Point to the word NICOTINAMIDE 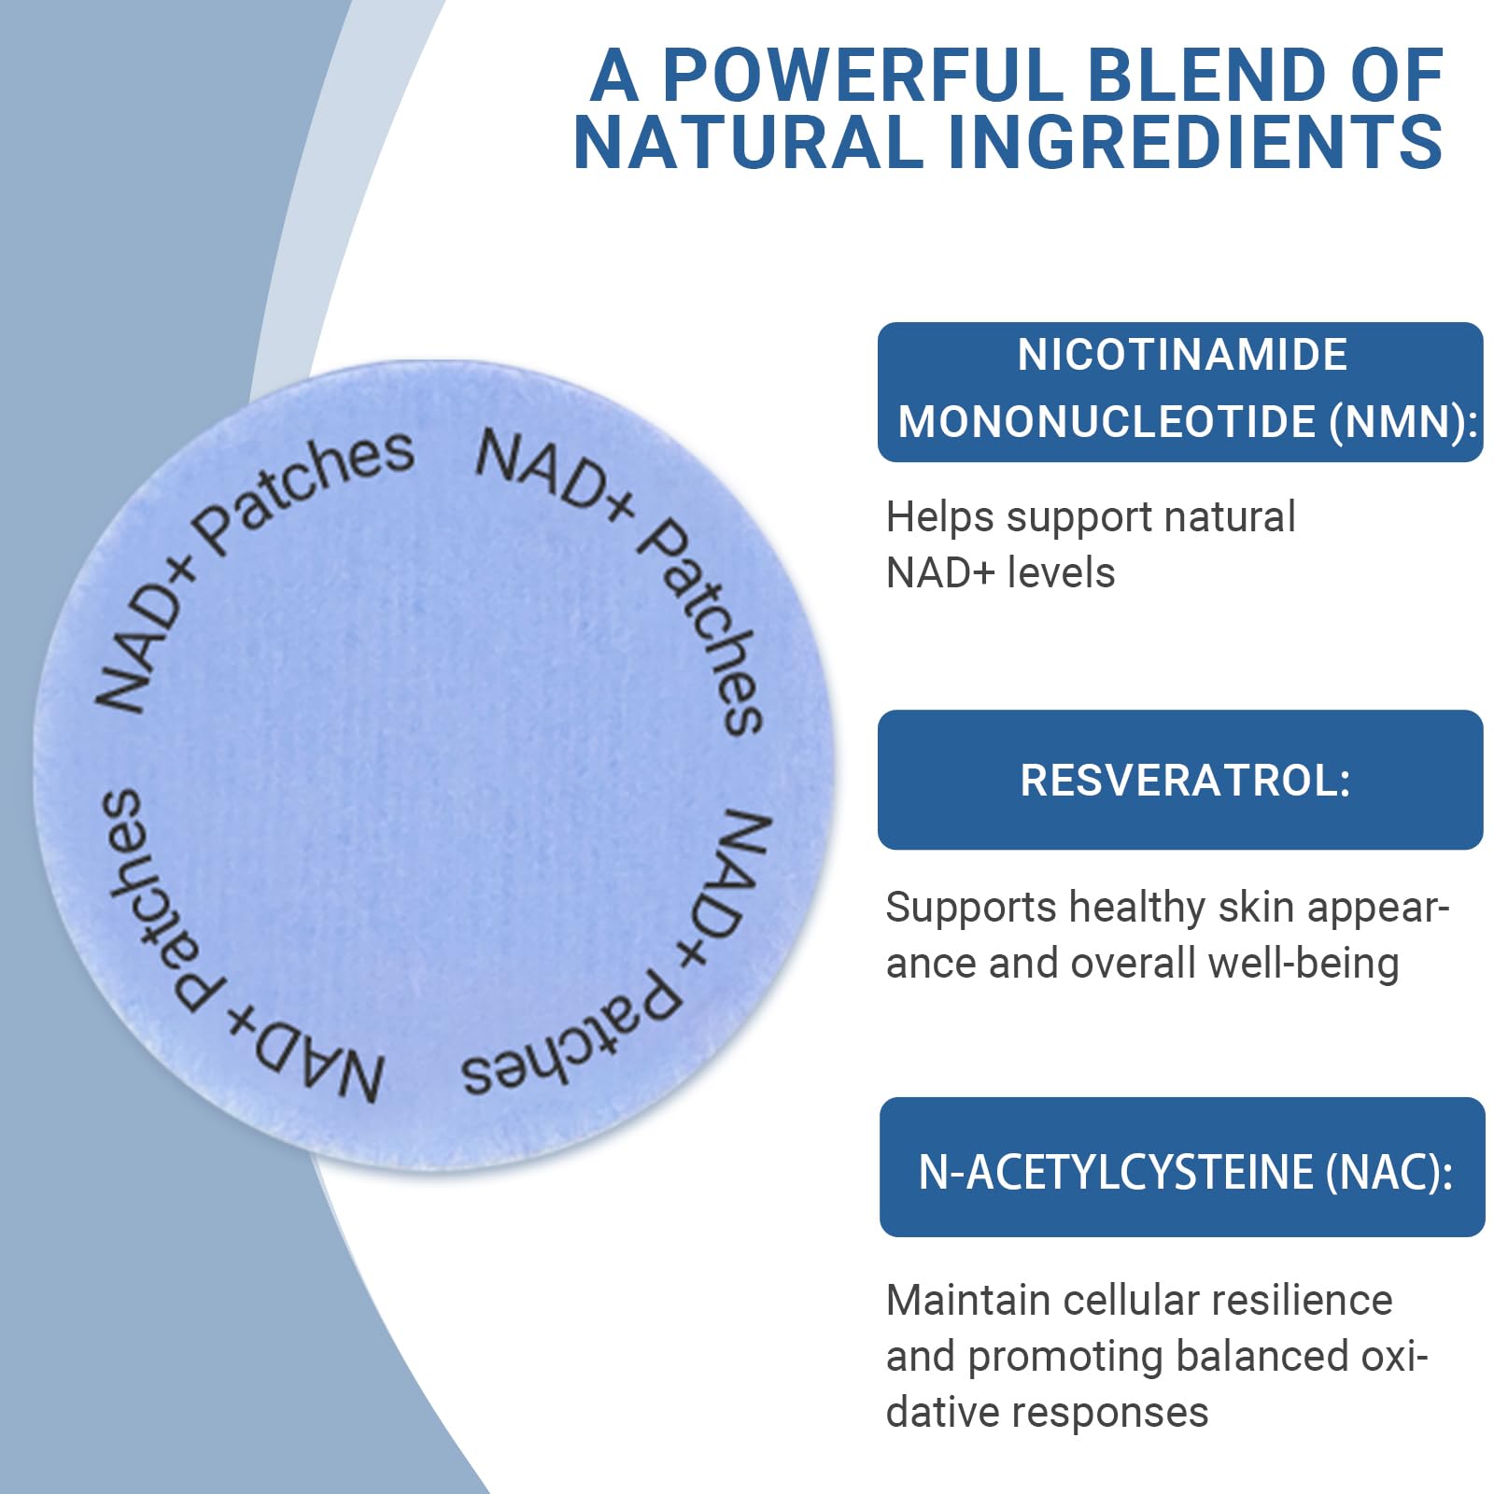1182,355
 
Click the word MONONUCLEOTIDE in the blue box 1107,422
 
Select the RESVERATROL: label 1185,781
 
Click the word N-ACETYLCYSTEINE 1116,1172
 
